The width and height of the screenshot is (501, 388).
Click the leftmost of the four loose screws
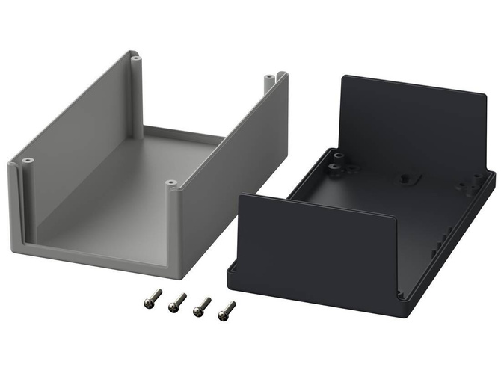coord(153,299)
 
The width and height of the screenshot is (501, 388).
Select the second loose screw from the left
coord(177,303)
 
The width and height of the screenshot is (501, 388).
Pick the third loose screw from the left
coord(201,307)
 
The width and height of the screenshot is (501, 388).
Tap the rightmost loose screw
coord(226,310)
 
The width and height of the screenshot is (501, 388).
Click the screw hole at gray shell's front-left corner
coord(28,161)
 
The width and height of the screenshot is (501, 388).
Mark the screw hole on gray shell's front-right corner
coord(170,182)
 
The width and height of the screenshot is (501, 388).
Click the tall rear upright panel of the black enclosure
coord(411,127)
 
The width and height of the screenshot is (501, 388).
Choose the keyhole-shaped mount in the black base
coord(406,179)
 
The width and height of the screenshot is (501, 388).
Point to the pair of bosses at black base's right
coord(474,180)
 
